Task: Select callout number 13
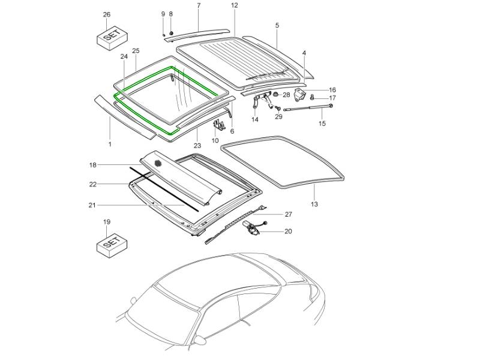pos(314,205)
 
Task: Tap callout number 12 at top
pos(235,5)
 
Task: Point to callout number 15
pos(322,124)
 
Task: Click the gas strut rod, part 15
pos(309,109)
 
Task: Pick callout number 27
pos(288,214)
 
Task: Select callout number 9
pos(163,14)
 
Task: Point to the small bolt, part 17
pos(313,98)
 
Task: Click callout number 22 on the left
pos(93,184)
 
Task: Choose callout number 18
pos(93,164)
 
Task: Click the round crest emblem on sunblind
pos(158,163)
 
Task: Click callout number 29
pos(278,117)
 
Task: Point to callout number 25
pos(136,50)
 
